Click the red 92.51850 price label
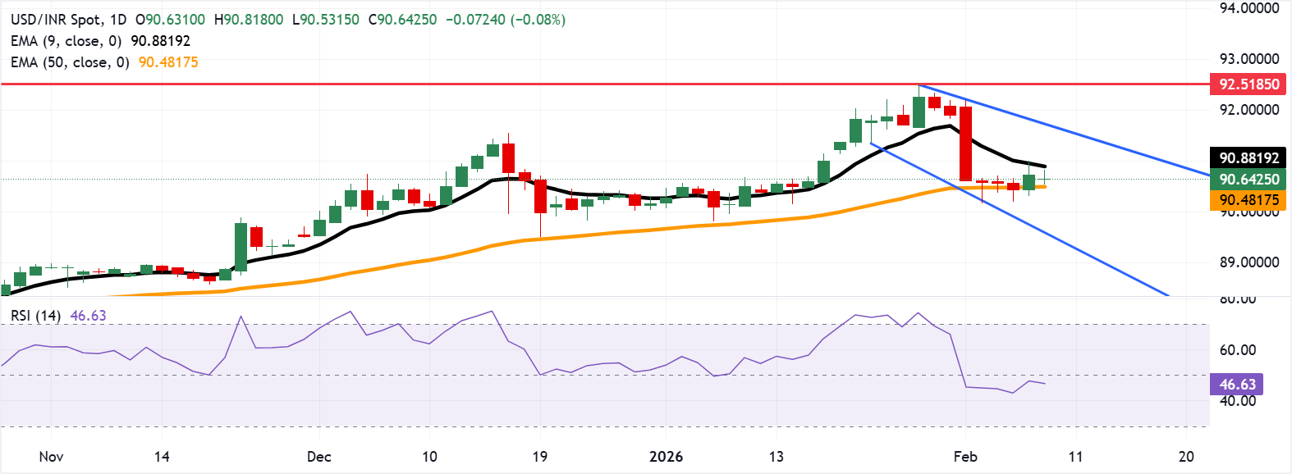(x=1248, y=84)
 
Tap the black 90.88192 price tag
(x=1248, y=157)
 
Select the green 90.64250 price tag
(x=1248, y=179)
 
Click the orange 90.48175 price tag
(x=1248, y=200)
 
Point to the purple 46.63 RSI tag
(x=1237, y=384)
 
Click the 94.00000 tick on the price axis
(x=1248, y=8)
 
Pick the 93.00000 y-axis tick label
(x=1248, y=59)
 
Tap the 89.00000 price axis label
(x=1248, y=262)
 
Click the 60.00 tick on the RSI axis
(x=1237, y=350)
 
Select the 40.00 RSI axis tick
(x=1237, y=401)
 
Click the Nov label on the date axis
(x=51, y=456)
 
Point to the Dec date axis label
(x=318, y=456)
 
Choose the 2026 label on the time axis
(x=666, y=456)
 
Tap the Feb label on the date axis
(x=965, y=456)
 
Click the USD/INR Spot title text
(x=57, y=19)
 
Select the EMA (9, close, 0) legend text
(x=66, y=40)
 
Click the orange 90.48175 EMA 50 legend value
(x=168, y=62)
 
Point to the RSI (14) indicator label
(x=35, y=316)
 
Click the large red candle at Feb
(x=966, y=144)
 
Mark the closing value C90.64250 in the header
(x=402, y=19)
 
